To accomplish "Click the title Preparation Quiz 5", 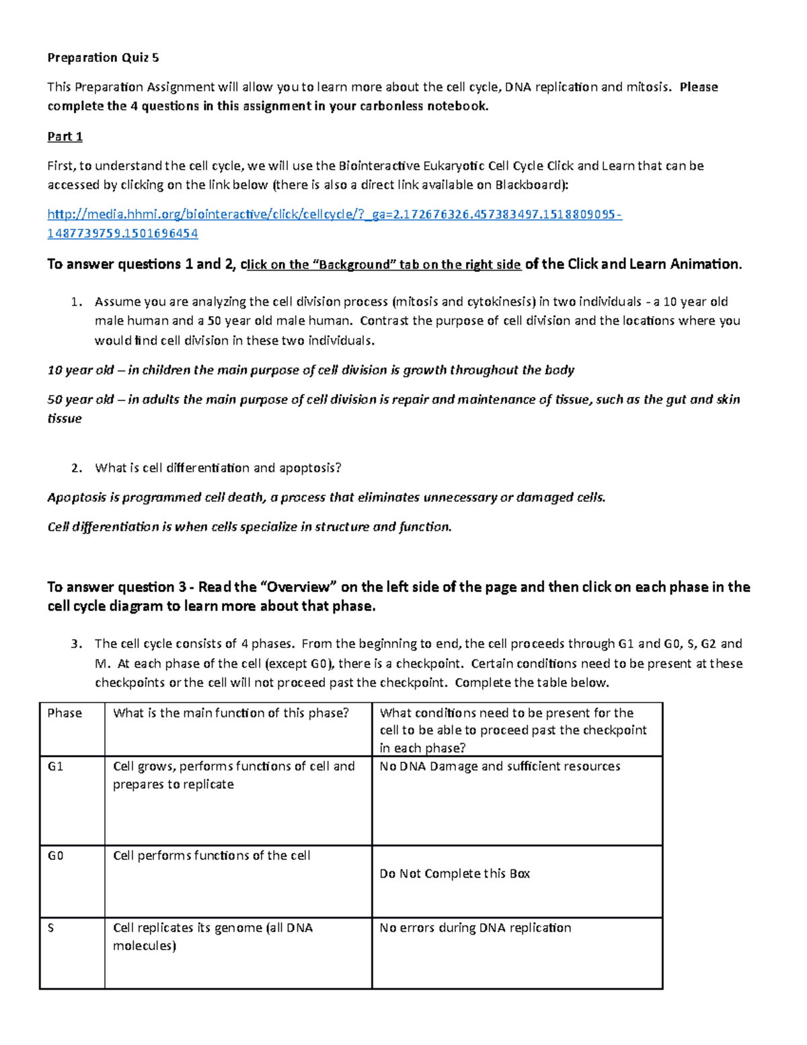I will (x=103, y=57).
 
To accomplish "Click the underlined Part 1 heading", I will (x=65, y=137).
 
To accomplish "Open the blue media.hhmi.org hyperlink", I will (x=334, y=215).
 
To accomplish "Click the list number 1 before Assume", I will (x=76, y=302).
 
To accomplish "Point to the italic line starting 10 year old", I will (x=311, y=370).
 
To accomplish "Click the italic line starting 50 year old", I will (x=393, y=400).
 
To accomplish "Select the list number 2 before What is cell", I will (x=76, y=468).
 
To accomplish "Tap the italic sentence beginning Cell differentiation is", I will (x=249, y=527).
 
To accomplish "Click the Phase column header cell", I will (x=65, y=713).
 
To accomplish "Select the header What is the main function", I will (x=231, y=713).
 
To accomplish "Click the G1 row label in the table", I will (x=55, y=766).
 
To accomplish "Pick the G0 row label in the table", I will (x=55, y=856).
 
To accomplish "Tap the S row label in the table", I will (x=50, y=928).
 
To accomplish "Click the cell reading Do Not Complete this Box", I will (x=455, y=873).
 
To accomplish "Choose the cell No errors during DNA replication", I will (x=475, y=928).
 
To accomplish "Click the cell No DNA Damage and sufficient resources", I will (x=500, y=766).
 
